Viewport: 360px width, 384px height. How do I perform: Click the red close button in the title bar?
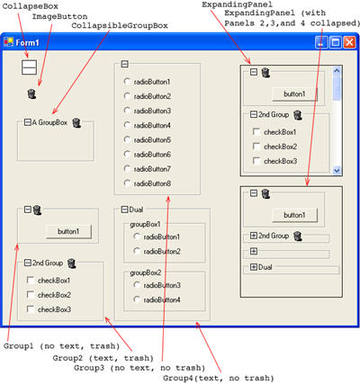pyautogui.click(x=349, y=42)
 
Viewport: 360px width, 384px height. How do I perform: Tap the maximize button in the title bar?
pyautogui.click(x=336, y=42)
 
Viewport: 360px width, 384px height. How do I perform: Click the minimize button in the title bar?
pyautogui.click(x=321, y=42)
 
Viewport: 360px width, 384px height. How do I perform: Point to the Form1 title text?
pyautogui.click(x=27, y=42)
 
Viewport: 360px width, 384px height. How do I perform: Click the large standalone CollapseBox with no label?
pyautogui.click(x=29, y=67)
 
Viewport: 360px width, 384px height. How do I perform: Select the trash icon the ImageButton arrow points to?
pyautogui.click(x=31, y=94)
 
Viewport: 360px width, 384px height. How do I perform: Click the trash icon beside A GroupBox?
pyautogui.click(x=76, y=122)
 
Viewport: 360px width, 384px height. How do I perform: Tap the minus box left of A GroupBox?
pyautogui.click(x=28, y=122)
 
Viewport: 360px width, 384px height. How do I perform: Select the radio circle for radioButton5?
pyautogui.click(x=127, y=139)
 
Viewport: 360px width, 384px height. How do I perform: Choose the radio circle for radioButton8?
pyautogui.click(x=127, y=183)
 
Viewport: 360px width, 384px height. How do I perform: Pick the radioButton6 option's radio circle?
pyautogui.click(x=127, y=154)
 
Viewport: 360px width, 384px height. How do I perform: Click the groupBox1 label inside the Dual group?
pyautogui.click(x=145, y=224)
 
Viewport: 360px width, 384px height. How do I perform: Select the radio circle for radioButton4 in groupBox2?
pyautogui.click(x=137, y=299)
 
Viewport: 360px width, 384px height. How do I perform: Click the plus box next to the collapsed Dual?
pyautogui.click(x=254, y=267)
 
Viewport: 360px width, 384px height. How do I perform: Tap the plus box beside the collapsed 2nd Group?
pyautogui.click(x=254, y=236)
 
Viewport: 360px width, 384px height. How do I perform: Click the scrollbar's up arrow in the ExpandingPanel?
pyautogui.click(x=337, y=71)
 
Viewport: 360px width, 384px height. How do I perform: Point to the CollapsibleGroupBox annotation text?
pyautogui.click(x=120, y=26)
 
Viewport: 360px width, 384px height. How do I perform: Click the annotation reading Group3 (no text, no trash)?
pyautogui.click(x=139, y=368)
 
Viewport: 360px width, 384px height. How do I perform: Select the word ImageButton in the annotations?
pyautogui.click(x=59, y=16)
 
